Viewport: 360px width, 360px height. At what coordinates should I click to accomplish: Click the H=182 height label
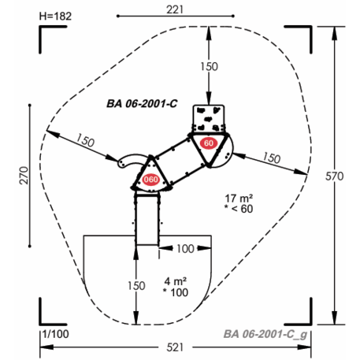pos(55,17)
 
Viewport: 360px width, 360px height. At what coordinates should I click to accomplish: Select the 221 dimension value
pos(175,9)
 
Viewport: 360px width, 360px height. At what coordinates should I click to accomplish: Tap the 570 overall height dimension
pos(334,176)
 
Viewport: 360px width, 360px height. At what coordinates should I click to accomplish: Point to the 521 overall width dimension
pos(175,347)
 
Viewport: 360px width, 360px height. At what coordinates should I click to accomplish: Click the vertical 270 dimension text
pos(24,176)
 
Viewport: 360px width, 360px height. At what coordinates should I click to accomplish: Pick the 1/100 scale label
pos(55,334)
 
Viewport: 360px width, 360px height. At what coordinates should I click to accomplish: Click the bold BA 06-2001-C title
pos(142,104)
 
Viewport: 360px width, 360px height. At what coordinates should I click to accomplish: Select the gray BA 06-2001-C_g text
pos(265,334)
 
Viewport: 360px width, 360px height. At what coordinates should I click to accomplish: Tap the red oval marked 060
pos(150,180)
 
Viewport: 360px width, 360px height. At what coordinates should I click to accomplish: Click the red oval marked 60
pos(209,143)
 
